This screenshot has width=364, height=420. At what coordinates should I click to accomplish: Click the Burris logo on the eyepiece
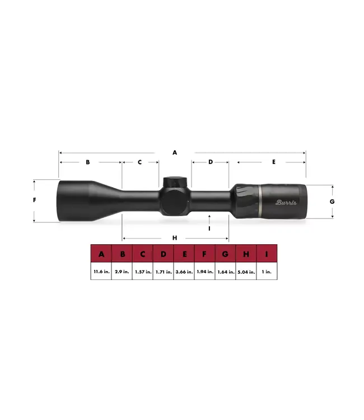pyautogui.click(x=286, y=202)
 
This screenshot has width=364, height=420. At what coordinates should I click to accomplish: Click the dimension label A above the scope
pyautogui.click(x=175, y=152)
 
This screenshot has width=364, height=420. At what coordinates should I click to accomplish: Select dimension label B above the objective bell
pyautogui.click(x=88, y=162)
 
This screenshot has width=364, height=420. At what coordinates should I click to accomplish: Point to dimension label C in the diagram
pyautogui.click(x=140, y=162)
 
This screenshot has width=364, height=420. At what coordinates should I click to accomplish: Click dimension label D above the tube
pyautogui.click(x=211, y=162)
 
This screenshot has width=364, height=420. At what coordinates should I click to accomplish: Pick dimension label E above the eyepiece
pyautogui.click(x=273, y=162)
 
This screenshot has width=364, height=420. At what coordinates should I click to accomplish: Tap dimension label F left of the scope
pyautogui.click(x=35, y=200)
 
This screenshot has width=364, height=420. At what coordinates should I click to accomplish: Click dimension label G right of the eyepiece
pyautogui.click(x=332, y=201)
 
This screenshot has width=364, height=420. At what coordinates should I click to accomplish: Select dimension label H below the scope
pyautogui.click(x=175, y=237)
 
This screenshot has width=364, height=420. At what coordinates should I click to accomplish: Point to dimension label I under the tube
pyautogui.click(x=209, y=228)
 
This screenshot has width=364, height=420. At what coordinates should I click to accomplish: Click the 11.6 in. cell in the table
pyautogui.click(x=101, y=272)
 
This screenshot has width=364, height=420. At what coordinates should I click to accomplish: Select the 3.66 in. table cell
pyautogui.click(x=184, y=272)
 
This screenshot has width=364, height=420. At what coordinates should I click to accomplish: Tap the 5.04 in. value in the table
pyautogui.click(x=246, y=272)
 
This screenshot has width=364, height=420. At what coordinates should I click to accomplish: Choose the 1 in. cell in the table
pyautogui.click(x=267, y=272)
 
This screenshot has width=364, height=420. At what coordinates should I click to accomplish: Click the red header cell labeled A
pyautogui.click(x=101, y=254)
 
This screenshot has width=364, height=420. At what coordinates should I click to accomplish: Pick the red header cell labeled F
pyautogui.click(x=204, y=254)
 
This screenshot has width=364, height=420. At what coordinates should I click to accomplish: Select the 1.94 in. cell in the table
pyautogui.click(x=204, y=272)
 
